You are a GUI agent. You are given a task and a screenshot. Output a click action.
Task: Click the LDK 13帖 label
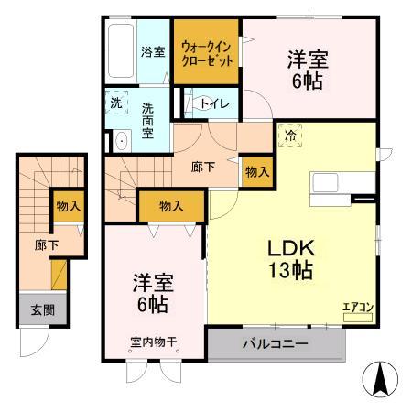tap(291, 257)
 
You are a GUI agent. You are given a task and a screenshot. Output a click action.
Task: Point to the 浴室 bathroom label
tap(152, 51)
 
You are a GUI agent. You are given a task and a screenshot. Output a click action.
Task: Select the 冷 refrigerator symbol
tap(291, 135)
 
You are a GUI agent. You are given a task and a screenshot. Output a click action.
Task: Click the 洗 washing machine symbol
tap(116, 103)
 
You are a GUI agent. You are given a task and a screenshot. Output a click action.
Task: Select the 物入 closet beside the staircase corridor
tap(68, 205)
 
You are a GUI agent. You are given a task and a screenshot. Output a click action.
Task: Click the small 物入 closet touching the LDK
tap(257, 171)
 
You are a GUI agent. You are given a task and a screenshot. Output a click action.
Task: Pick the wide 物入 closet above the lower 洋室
tap(171, 206)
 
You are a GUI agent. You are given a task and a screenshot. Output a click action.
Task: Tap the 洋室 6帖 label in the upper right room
tap(309, 69)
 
